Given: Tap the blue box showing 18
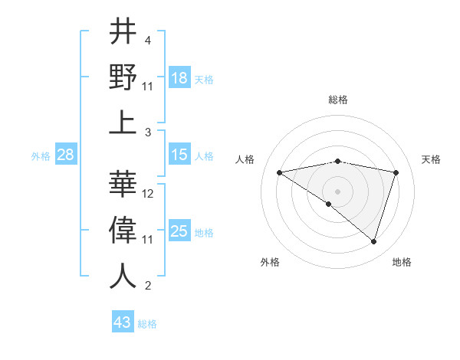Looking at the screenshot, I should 179,78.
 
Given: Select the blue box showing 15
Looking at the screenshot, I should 179,155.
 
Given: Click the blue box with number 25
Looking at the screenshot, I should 179,232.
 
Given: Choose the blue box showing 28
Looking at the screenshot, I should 66,155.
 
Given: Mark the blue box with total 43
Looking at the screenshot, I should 123,322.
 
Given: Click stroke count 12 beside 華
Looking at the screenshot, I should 149,194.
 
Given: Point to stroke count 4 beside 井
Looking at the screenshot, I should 148,40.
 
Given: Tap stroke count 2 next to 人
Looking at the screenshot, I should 148,286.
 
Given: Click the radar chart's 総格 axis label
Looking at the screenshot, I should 337,100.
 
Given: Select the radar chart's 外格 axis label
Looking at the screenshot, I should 270,262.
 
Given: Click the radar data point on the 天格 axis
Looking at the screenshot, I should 396,172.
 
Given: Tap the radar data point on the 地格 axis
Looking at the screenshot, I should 373,241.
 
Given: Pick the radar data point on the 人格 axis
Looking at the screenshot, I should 279,172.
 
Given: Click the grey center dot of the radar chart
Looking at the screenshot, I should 337,191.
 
